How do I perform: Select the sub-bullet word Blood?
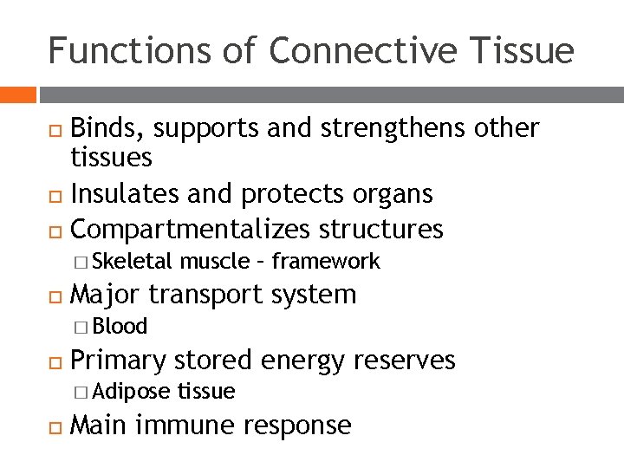tap(120, 327)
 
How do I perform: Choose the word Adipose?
tap(131, 392)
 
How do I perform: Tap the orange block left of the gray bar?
tap(17, 93)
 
